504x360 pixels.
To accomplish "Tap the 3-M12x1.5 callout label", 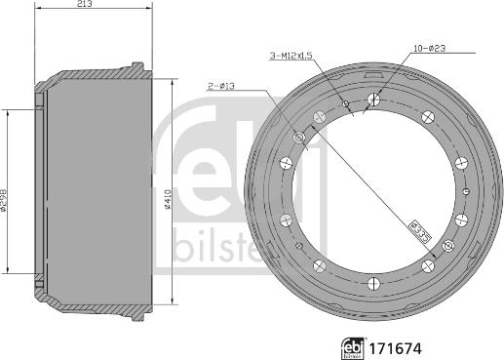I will pos(291,58).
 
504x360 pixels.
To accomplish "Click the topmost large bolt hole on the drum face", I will pos(374,98).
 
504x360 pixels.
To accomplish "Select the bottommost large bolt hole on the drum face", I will pos(374,284).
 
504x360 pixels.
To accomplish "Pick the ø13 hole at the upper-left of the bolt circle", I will pos(298,141).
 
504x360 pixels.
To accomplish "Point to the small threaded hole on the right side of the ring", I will pos(467,190).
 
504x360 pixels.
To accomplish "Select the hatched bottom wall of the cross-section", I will pos(93,304).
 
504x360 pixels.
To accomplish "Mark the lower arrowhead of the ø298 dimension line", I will pos(9,268).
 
